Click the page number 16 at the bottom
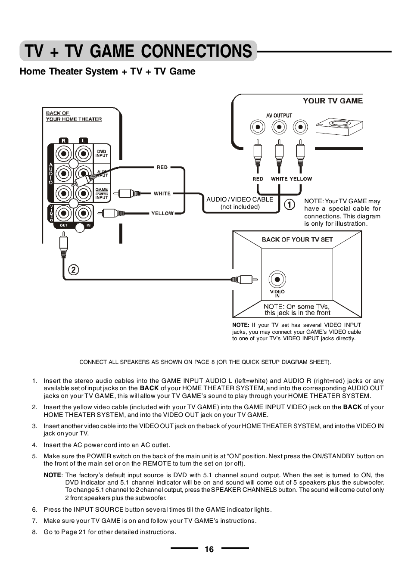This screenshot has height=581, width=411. (x=209, y=549)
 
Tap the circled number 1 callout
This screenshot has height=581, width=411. (x=290, y=204)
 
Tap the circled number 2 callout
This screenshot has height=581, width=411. (x=74, y=270)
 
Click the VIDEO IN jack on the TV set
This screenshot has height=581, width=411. (x=277, y=280)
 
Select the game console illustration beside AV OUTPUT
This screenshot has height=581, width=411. (x=339, y=127)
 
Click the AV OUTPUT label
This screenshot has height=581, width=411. (x=279, y=115)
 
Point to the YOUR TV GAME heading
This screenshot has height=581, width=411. (x=333, y=101)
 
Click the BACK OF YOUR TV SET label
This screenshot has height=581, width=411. (x=297, y=239)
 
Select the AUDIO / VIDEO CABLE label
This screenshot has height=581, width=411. (x=240, y=199)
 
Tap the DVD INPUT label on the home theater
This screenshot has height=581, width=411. (x=102, y=153)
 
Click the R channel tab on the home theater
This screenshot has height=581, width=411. (x=64, y=140)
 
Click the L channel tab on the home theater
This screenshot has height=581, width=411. (x=83, y=140)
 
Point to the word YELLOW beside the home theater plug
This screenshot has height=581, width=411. (x=162, y=213)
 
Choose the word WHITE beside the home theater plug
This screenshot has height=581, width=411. (x=162, y=193)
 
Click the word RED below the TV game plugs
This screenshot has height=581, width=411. (x=258, y=179)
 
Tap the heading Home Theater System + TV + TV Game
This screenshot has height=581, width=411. (x=107, y=71)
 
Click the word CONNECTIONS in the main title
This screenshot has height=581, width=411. (x=196, y=51)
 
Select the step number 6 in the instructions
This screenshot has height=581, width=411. (x=34, y=510)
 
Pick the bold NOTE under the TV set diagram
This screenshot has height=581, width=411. (x=240, y=325)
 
